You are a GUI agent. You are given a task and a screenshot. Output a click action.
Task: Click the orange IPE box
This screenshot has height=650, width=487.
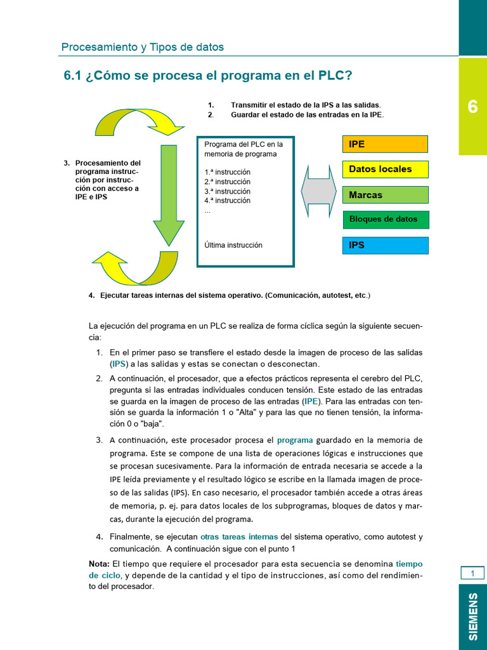(385, 144)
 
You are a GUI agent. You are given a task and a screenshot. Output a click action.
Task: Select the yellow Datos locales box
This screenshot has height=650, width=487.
(385, 169)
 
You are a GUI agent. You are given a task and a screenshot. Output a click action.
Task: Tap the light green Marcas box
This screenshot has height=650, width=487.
(385, 195)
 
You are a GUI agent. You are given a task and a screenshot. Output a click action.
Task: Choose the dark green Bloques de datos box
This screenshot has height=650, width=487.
(385, 220)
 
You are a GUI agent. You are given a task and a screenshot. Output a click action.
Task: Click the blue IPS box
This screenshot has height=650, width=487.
(385, 245)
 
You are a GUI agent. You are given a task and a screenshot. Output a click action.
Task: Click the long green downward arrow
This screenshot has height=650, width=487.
(168, 194)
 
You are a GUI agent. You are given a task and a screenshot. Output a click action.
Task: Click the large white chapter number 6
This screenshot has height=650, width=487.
(472, 107)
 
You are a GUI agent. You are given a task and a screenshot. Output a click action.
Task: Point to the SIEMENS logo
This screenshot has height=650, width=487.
(473, 616)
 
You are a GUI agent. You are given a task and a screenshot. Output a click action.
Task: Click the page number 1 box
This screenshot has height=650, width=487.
(472, 574)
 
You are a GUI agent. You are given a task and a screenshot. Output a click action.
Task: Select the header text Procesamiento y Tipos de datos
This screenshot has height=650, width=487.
(142, 47)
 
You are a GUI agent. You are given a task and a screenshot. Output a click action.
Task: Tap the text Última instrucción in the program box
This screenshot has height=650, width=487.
(233, 245)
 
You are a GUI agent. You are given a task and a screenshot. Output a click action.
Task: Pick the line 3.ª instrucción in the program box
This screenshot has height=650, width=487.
(227, 191)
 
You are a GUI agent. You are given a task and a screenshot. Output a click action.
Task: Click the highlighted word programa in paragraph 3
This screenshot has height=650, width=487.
(295, 440)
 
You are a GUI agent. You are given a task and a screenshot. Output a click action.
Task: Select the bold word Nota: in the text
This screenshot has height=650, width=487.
(99, 564)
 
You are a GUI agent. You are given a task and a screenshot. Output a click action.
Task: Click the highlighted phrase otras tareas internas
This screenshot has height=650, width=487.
(239, 536)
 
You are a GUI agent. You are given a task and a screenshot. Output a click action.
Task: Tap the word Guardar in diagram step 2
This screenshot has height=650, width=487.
(246, 115)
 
